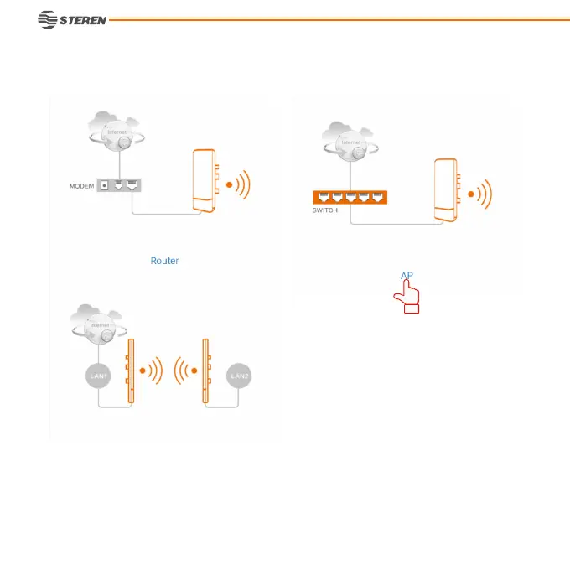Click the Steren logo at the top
(73, 18)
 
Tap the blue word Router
(164, 261)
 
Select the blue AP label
(407, 276)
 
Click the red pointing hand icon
(408, 296)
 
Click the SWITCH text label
(325, 210)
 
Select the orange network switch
(350, 197)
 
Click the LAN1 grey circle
(99, 376)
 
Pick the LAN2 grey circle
(239, 376)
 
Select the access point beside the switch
(446, 190)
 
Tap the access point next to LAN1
(130, 370)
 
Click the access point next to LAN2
(205, 370)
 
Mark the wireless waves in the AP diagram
(481, 195)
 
